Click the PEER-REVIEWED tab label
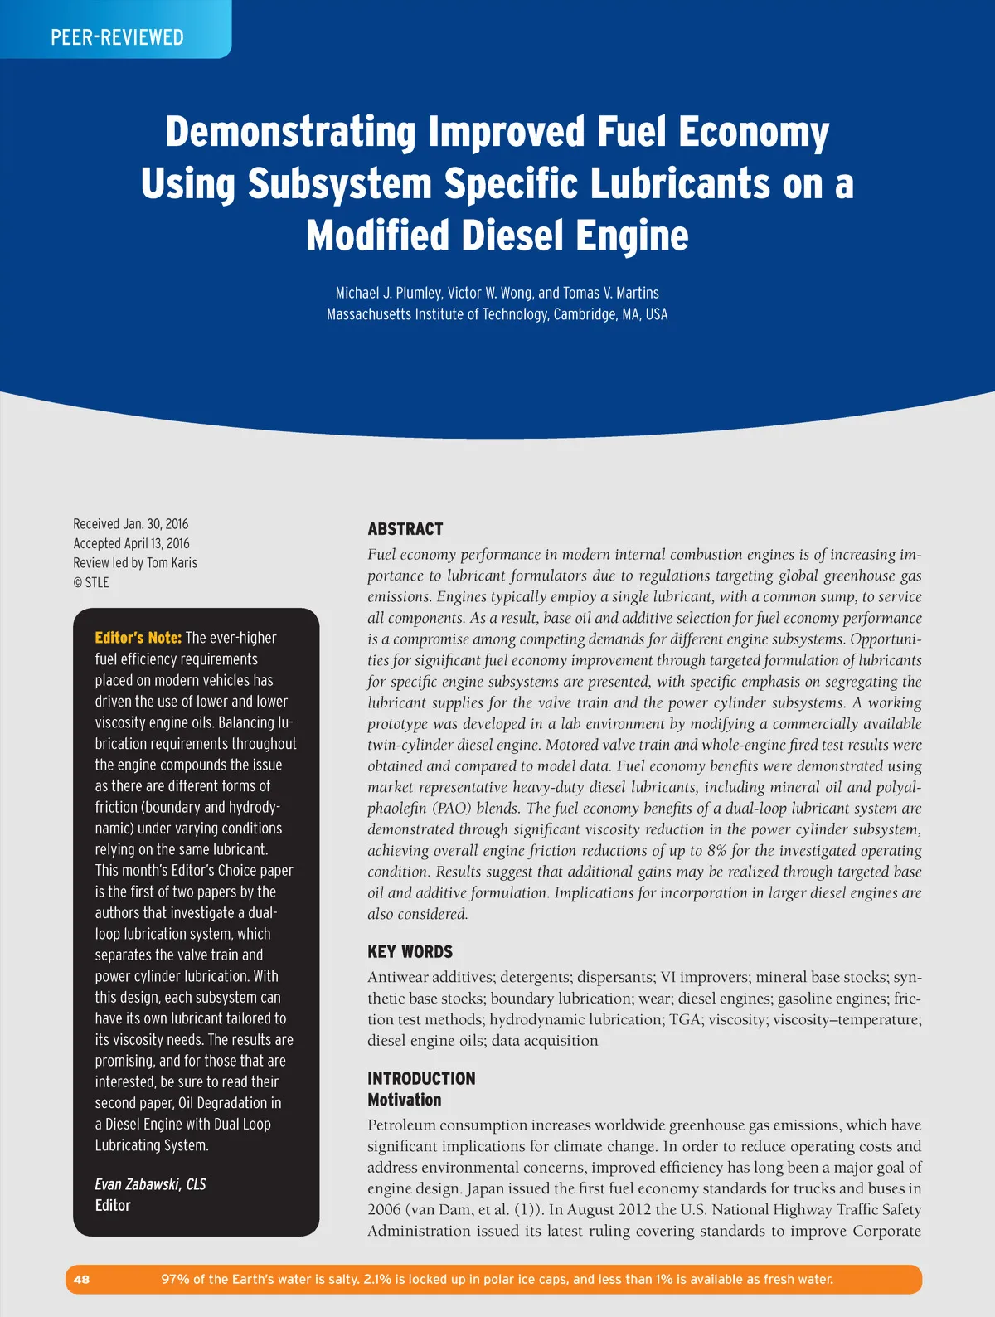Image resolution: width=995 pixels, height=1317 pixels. pos(117,37)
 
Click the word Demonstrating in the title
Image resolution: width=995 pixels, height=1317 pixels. pos(290,133)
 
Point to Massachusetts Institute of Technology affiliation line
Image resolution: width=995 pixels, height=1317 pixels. pos(497,314)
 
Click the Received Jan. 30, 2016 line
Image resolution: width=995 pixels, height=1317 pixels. pos(130,524)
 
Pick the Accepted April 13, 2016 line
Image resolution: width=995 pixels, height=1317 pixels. pos(131,543)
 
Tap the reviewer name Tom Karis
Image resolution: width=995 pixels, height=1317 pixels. pos(172,563)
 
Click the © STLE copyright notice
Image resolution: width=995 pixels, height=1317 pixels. pos(90,582)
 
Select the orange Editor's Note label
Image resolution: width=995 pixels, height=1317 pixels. pos(138,638)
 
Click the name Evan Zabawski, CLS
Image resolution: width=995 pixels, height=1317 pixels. pos(150,1184)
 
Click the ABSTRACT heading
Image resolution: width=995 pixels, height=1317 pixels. pos(405,529)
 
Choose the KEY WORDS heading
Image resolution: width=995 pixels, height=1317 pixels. pos(410,952)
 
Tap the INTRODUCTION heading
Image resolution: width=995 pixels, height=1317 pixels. pos(421,1078)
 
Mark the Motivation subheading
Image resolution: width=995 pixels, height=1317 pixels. pos(404,1100)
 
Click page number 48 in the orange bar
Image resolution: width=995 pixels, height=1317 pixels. pos(81,1279)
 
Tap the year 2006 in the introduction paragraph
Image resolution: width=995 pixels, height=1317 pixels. pos(384,1210)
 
